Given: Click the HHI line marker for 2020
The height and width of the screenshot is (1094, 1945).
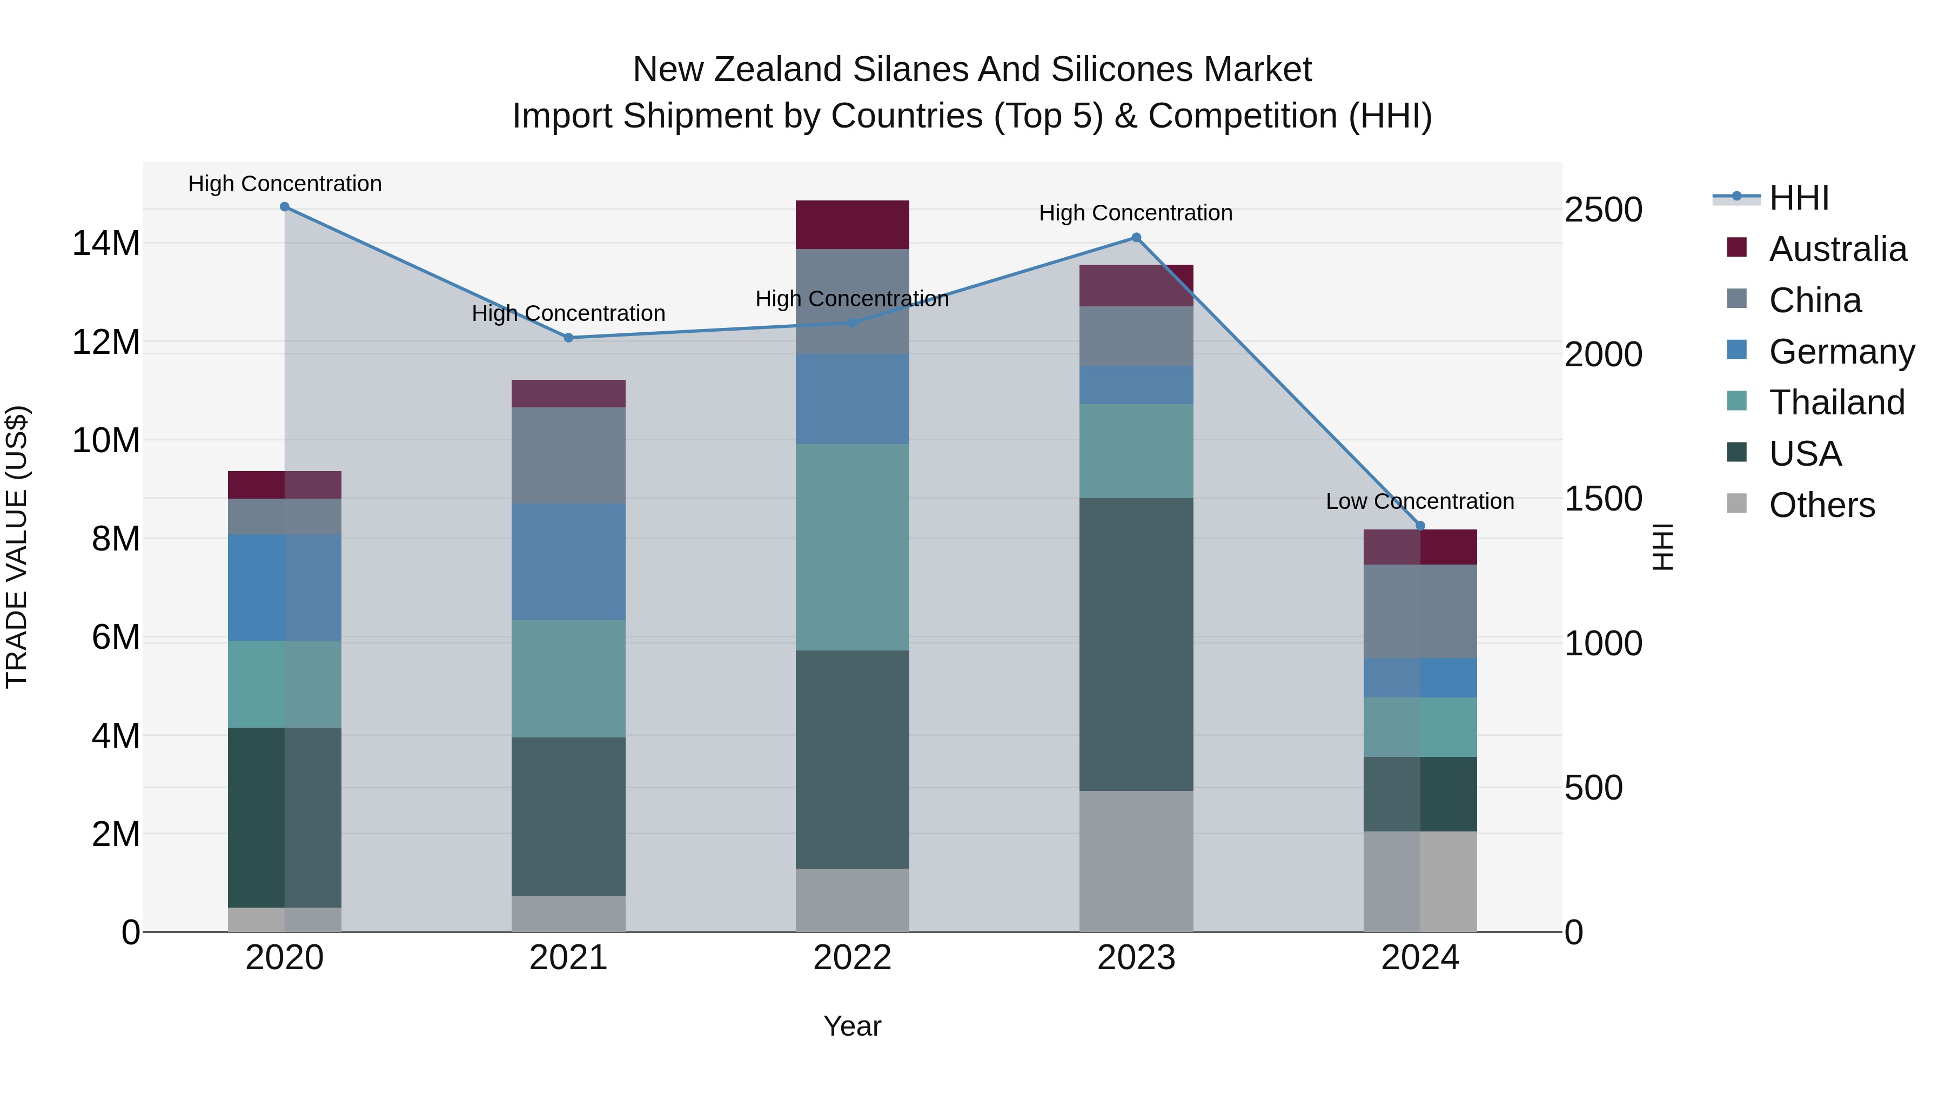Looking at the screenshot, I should pyautogui.click(x=285, y=207).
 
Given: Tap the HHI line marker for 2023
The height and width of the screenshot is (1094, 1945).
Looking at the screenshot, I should pyautogui.click(x=1136, y=238).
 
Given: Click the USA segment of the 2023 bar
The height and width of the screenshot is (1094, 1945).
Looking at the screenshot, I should pyautogui.click(x=1136, y=644).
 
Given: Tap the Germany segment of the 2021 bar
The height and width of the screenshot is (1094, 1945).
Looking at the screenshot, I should pyautogui.click(x=568, y=562).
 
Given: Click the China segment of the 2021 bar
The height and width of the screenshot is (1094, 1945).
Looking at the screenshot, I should pyautogui.click(x=568, y=455).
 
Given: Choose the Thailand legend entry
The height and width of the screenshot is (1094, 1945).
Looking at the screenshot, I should pyautogui.click(x=1836, y=402).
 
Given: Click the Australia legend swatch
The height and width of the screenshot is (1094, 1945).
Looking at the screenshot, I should pyautogui.click(x=1736, y=247).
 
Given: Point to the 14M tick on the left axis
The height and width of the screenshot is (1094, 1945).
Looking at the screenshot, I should pyautogui.click(x=106, y=244).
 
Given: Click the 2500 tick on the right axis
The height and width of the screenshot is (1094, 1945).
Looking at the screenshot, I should pyautogui.click(x=1603, y=210).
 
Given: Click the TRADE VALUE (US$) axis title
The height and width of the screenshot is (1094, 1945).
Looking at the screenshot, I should pyautogui.click(x=17, y=547).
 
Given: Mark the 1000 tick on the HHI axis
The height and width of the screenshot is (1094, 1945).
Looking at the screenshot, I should pyautogui.click(x=1603, y=644).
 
